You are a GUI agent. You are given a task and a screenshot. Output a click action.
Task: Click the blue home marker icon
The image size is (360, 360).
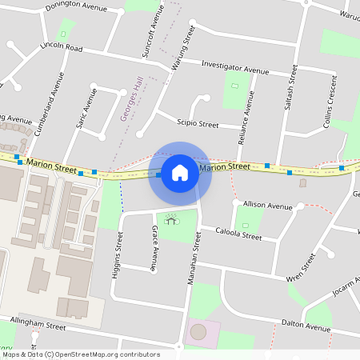click(x=180, y=173)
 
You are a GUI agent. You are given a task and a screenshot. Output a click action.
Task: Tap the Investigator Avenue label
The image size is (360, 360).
click(x=235, y=66)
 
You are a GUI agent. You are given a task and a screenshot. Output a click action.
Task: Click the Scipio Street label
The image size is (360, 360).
click(x=198, y=124)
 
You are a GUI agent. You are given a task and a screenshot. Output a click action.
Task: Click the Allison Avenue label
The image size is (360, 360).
click(x=268, y=206)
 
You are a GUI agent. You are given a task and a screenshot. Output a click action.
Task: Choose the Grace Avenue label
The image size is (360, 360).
click(x=155, y=247)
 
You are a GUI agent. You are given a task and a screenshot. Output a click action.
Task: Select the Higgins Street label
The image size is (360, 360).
click(x=119, y=254)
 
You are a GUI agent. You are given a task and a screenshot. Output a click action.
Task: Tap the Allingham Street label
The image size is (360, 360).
click(x=38, y=326)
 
